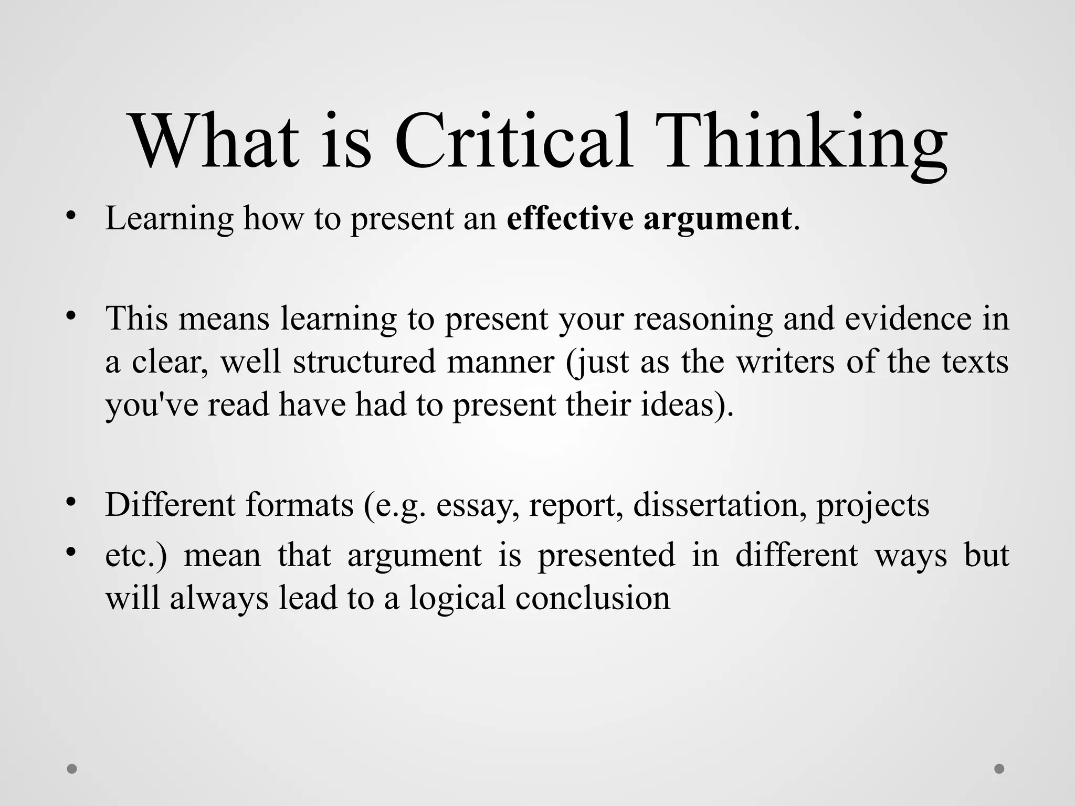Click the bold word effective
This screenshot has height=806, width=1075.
coord(570,218)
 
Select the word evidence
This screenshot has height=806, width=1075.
coord(908,318)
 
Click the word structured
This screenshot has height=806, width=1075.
coord(364,362)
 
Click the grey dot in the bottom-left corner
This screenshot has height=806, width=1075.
coord(72,769)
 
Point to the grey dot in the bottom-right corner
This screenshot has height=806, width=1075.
coord(999,769)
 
